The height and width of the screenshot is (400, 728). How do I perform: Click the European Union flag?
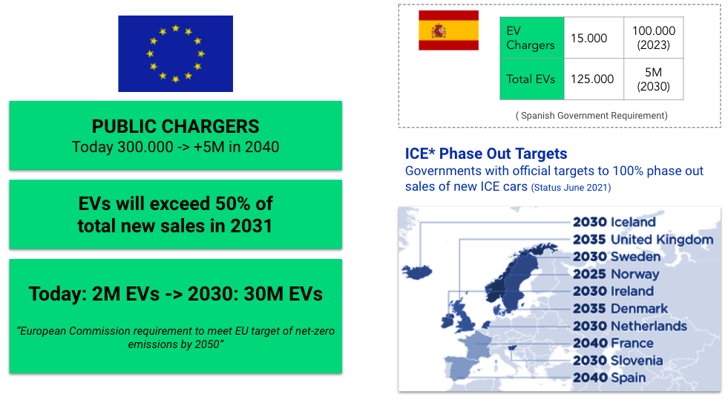(175, 54)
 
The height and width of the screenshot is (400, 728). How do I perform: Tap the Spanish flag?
(448, 30)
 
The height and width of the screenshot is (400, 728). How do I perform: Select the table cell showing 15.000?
(594, 38)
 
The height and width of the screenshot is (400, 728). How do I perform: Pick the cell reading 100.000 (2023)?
(654, 38)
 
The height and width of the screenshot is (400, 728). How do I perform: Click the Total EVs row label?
(532, 79)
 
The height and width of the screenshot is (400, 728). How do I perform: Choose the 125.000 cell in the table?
(594, 79)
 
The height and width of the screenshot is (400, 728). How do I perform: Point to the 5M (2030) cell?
(654, 79)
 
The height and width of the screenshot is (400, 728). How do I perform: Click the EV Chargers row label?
(532, 38)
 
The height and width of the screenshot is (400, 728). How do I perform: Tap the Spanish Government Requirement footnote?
(591, 116)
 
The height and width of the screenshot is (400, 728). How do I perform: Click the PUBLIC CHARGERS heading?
(175, 126)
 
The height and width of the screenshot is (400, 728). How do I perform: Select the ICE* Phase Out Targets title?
(486, 154)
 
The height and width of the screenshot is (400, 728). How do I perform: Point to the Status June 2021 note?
(571, 188)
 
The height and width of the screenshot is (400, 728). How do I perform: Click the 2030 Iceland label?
(614, 222)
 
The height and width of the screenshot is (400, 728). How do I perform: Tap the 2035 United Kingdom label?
(643, 240)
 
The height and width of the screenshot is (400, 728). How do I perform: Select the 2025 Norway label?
(616, 274)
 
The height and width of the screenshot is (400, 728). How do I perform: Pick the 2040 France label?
(613, 343)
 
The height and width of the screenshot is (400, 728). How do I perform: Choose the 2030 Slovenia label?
(618, 361)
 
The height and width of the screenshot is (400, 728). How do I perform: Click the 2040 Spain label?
(609, 378)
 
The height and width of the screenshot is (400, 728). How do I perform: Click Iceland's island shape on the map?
(417, 272)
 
